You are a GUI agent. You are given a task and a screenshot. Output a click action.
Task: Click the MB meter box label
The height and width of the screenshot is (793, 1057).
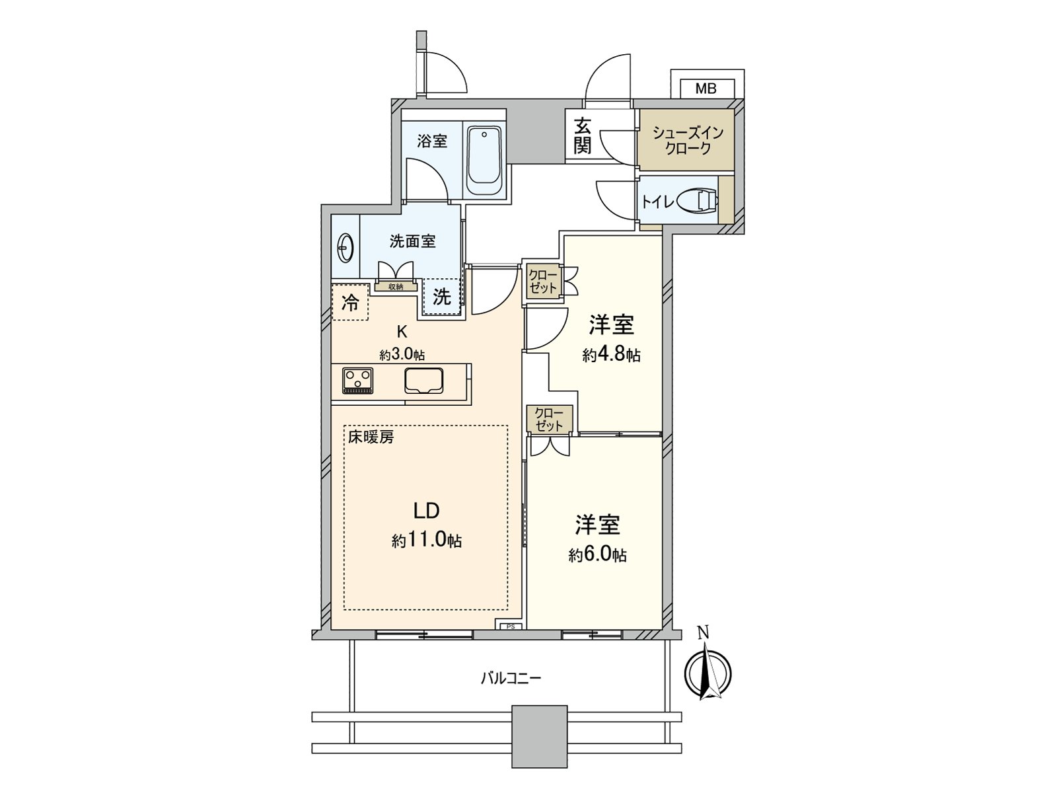pos(706,88)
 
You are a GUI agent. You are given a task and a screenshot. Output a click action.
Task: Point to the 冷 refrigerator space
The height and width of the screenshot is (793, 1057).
pos(350,303)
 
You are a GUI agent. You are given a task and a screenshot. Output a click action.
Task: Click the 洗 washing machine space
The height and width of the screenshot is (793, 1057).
pos(441,297)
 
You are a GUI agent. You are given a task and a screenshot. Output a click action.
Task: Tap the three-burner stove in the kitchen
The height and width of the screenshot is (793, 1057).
pos(357,381)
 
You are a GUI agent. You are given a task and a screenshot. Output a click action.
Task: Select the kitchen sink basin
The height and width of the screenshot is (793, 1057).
pos(423,381)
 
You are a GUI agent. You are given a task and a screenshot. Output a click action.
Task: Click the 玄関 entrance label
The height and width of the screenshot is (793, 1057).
pos(581,136)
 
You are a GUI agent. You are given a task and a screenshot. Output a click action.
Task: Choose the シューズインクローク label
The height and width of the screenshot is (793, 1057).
pos(688,139)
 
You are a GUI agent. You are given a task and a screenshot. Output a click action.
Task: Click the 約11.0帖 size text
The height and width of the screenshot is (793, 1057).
pos(426,541)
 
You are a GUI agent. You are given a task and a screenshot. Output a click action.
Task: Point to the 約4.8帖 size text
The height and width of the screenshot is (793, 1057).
pos(611,356)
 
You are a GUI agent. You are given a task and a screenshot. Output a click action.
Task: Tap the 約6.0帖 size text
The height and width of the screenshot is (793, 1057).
pos(597,555)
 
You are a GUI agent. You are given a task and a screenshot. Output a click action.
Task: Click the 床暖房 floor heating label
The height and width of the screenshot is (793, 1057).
pos(371,437)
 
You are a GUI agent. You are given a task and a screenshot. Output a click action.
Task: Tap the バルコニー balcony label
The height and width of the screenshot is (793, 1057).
pos(511,678)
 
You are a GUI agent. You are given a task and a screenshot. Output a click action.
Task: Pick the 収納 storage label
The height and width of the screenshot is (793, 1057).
pos(396,287)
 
